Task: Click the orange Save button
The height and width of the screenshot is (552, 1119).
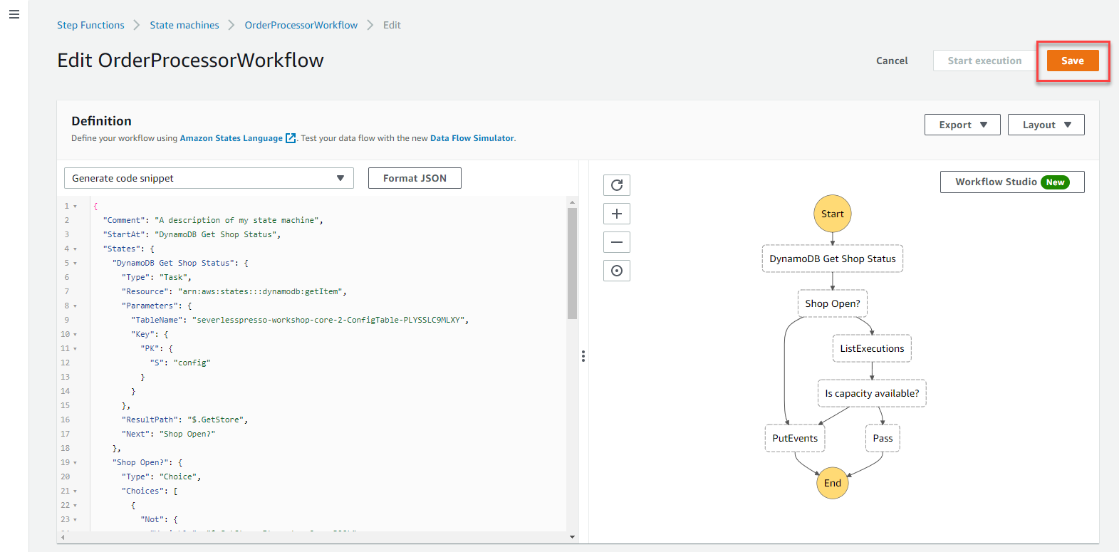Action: click(x=1073, y=61)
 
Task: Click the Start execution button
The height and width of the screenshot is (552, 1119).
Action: click(x=984, y=61)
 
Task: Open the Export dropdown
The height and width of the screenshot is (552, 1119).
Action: click(x=962, y=125)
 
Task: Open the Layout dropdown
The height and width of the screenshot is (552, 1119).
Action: click(x=1046, y=125)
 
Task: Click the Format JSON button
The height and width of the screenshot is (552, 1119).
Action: click(x=415, y=178)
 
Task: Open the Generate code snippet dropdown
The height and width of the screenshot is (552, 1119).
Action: click(x=209, y=178)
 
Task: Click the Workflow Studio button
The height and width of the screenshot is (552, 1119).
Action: click(x=1012, y=182)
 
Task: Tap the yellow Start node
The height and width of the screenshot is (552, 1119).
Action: click(x=832, y=214)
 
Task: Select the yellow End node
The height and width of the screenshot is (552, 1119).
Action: click(x=832, y=483)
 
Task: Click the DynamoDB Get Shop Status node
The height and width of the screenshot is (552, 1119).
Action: click(x=832, y=259)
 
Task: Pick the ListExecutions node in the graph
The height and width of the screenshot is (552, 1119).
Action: click(x=872, y=349)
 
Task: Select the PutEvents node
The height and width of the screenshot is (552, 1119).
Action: click(x=795, y=438)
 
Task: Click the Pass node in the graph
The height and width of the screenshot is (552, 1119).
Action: click(x=883, y=438)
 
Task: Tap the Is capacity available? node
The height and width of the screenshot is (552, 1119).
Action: click(x=872, y=393)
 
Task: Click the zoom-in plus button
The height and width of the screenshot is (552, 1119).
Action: click(x=616, y=214)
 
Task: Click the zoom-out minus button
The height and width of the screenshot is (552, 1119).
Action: click(x=616, y=242)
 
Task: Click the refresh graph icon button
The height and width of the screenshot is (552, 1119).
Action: click(x=616, y=185)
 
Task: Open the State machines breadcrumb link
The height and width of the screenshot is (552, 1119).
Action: click(x=184, y=25)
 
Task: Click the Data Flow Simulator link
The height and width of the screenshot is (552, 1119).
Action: click(x=472, y=138)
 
